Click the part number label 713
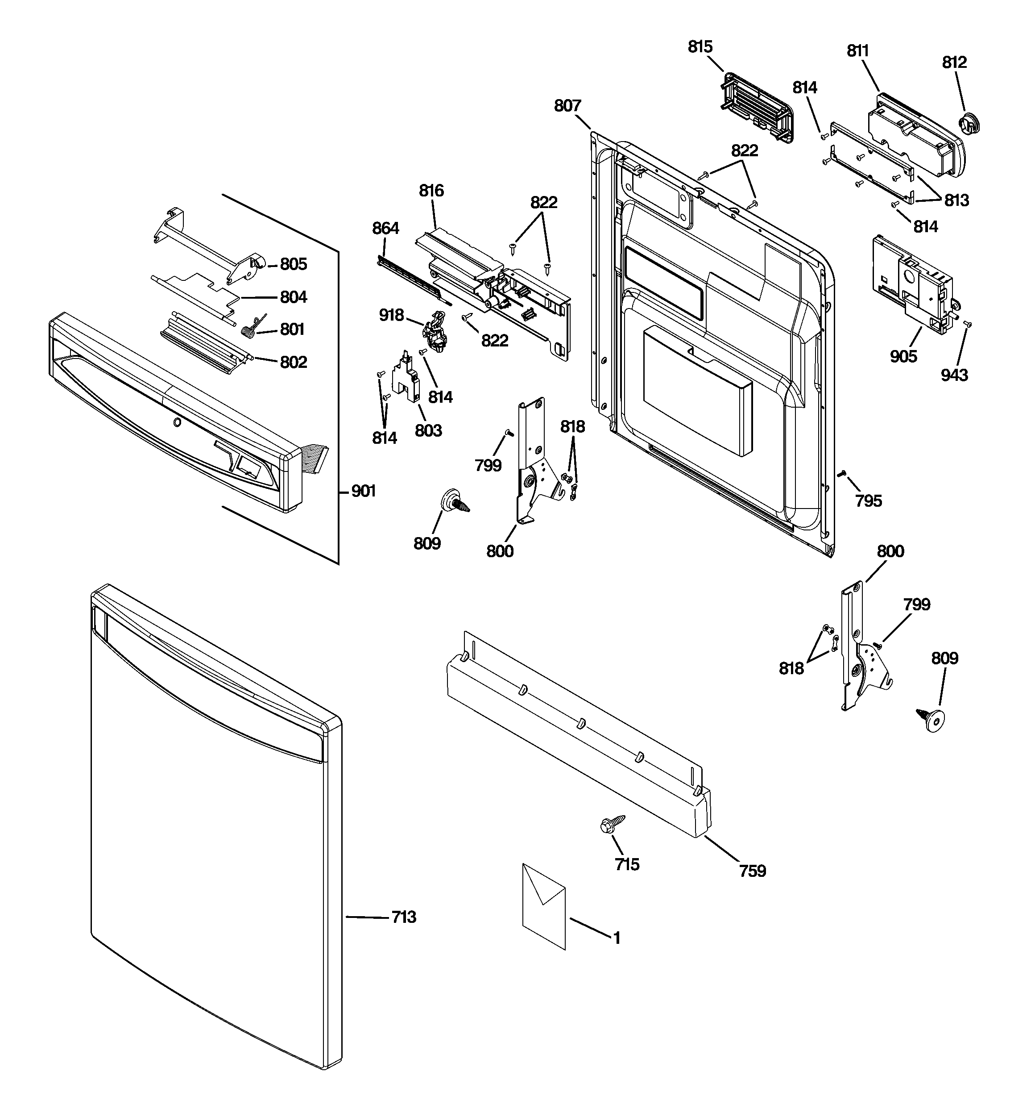pos(404,917)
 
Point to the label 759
pos(752,871)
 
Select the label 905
pos(903,356)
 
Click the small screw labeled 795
pos(842,473)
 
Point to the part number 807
pos(567,106)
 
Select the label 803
pos(428,429)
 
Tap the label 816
pos(431,191)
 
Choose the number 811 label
pos(858,50)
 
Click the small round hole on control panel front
pos(177,422)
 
